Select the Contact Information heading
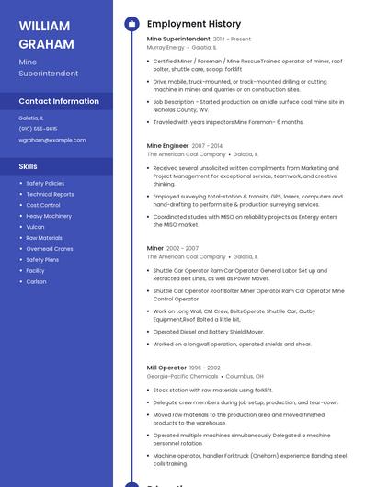pos(59,101)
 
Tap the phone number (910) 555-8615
pos(38,129)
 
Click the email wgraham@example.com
pos(52,140)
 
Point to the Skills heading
pos(29,166)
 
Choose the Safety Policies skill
pos(45,183)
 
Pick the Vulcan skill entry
pos(35,227)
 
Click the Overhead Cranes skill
pos(50,248)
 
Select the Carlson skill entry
pos(36,281)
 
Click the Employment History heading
pos(194,24)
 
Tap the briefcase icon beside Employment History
pos(131,24)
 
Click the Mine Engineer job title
pos(167,145)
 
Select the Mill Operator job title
pos(166,368)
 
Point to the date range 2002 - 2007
pos(182,248)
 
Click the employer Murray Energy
pos(166,47)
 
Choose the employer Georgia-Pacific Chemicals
pos(182,376)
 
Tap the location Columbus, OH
pos(245,376)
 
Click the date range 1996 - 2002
pos(204,368)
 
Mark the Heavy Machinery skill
pos(49,216)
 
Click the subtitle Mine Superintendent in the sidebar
pos(48,68)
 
